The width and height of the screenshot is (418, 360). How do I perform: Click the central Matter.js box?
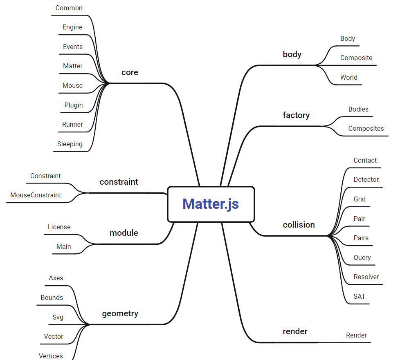[211, 204]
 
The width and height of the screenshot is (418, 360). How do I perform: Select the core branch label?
[130, 72]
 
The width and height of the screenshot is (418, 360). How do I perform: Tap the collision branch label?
[299, 225]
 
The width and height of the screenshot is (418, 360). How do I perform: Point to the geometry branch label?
[120, 314]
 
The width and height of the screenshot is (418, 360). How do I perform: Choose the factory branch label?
[296, 115]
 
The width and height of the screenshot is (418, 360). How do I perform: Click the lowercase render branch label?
[295, 331]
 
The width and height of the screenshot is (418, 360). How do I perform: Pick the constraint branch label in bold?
[119, 182]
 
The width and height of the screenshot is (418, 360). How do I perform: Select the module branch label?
[124, 233]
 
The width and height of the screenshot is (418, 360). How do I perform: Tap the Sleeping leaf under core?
[70, 144]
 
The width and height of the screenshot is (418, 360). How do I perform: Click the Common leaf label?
[69, 8]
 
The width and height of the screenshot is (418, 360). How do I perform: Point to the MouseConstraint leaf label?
[36, 195]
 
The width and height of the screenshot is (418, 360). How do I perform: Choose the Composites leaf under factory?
[366, 129]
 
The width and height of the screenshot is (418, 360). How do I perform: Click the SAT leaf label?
[360, 296]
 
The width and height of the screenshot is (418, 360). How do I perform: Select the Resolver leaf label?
[366, 277]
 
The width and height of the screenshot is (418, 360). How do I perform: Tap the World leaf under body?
[349, 78]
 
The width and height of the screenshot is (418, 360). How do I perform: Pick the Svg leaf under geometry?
[58, 318]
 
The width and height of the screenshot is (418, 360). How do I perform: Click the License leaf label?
[59, 227]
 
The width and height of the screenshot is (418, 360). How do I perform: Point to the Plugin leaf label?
[74, 105]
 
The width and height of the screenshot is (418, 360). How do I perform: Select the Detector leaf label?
[366, 180]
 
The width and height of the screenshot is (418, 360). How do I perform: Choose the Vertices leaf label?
[51, 356]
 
